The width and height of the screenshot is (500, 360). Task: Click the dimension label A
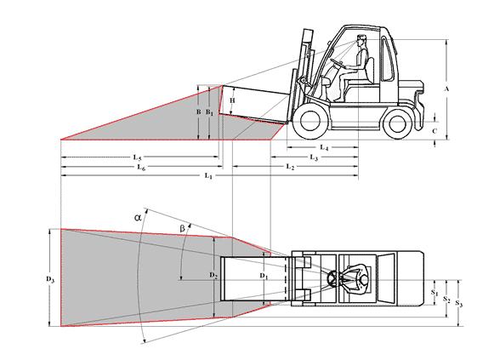446,89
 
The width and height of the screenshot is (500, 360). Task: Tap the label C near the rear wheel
435,131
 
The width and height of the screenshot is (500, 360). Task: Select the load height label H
232,100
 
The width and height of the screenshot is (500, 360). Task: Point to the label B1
209,112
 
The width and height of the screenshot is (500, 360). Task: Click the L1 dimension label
208,175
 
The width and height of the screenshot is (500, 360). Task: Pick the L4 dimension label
324,147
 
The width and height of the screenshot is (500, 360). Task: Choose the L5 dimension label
137,157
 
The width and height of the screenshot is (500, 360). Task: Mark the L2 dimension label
289,167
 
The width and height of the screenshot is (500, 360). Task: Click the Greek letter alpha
138,218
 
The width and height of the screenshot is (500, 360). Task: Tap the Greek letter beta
182,228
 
